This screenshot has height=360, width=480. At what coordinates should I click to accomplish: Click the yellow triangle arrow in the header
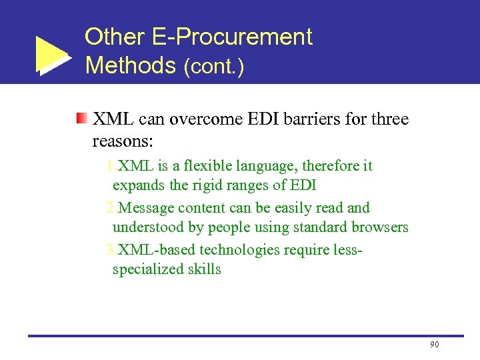(51, 55)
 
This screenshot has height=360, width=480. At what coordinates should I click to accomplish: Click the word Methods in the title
(130, 65)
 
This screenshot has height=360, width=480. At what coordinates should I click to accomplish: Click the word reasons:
(123, 141)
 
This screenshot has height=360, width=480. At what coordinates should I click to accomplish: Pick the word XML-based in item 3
(149, 250)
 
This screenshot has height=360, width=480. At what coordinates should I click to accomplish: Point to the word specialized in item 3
(146, 269)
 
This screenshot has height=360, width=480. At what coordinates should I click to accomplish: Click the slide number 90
(435, 344)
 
